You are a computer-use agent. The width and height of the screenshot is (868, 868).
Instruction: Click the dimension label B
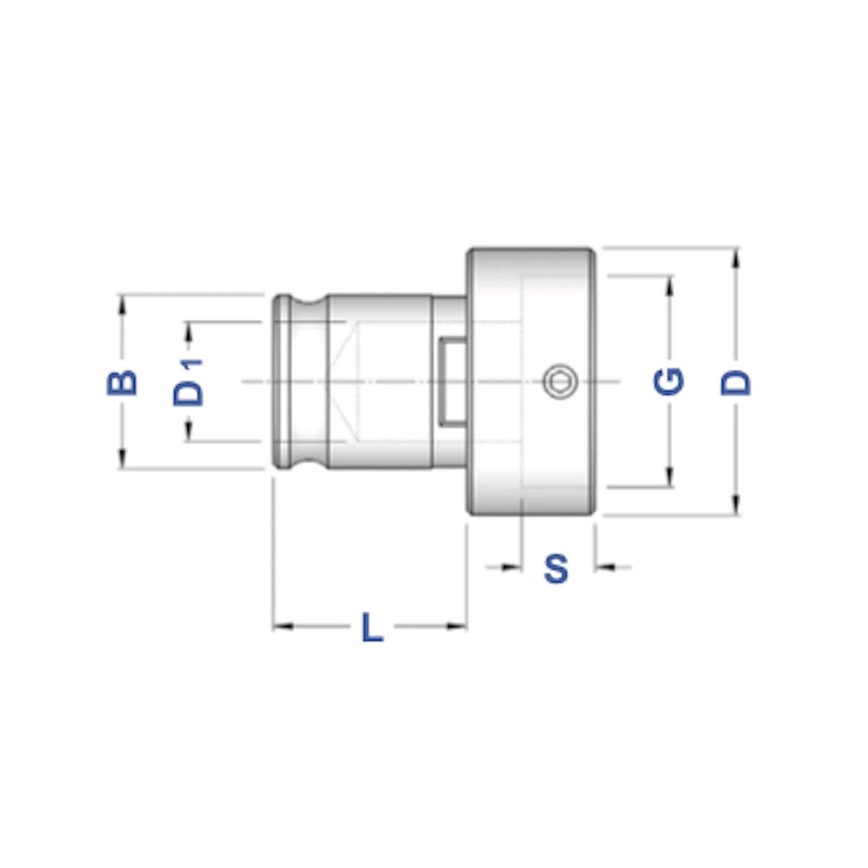122,382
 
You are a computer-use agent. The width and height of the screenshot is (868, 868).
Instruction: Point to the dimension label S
556,568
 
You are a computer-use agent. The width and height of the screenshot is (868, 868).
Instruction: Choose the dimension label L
372,627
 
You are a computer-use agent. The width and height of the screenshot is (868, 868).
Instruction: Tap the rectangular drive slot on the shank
452,381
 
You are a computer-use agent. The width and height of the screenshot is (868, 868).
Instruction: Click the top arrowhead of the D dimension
736,258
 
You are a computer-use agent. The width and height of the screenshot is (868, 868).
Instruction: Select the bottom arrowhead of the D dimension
736,505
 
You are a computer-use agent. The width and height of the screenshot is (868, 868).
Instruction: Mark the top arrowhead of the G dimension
670,285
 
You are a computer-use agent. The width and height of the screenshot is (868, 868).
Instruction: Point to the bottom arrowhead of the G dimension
670,478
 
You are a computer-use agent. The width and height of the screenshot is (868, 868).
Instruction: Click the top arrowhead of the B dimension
122,304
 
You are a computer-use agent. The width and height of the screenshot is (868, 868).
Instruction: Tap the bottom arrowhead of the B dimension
122,459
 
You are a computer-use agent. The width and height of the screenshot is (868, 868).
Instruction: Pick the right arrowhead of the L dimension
457,626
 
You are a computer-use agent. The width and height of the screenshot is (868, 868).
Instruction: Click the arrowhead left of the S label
512,567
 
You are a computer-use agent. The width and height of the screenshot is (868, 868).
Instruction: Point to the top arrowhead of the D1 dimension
189,330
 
